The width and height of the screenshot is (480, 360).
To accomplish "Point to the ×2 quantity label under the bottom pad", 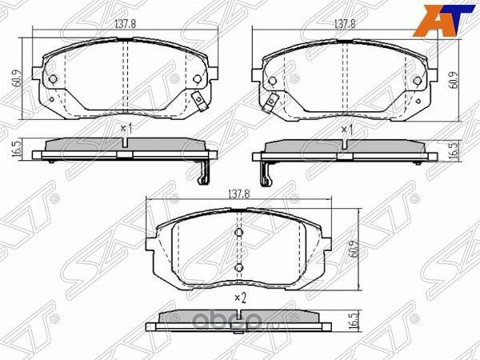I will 238,298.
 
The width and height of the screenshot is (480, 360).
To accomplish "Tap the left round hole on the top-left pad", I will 53,79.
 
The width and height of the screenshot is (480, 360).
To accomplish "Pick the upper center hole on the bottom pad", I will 238,234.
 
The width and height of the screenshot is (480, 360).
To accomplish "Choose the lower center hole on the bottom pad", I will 238,266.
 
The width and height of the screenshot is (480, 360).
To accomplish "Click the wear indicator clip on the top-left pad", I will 198,101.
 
